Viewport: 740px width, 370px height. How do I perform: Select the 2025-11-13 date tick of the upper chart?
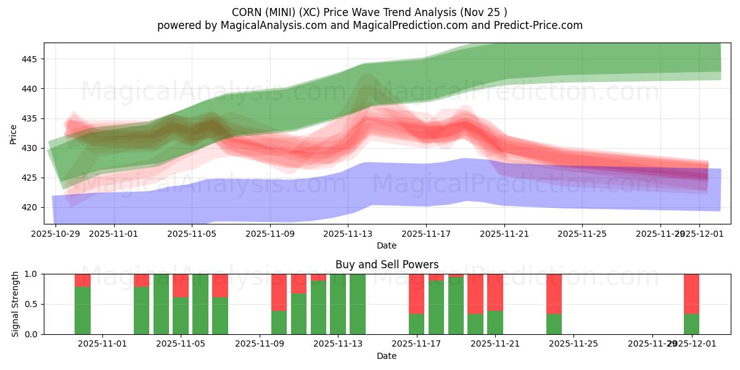point(348,234)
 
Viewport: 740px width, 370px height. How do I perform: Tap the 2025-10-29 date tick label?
point(56,234)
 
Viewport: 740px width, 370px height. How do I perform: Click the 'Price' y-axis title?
point(13,134)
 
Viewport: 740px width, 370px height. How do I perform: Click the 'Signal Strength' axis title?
point(15,304)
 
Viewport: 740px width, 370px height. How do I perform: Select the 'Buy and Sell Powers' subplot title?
point(387,265)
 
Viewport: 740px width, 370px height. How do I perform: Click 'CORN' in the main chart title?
point(247,12)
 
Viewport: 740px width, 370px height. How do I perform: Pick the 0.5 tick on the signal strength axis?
point(30,304)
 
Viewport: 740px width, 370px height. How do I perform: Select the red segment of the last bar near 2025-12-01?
point(691,294)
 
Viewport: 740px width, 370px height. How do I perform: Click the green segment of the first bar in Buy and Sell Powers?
point(83,310)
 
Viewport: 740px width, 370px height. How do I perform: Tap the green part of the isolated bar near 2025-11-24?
point(554,324)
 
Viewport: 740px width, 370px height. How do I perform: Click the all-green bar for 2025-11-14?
point(358,304)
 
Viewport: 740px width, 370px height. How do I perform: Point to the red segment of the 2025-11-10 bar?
point(279,292)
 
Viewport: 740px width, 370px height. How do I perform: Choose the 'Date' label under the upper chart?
point(387,245)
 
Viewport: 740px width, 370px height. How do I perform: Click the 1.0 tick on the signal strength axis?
point(30,274)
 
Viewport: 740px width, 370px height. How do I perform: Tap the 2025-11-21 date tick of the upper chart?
point(504,234)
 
